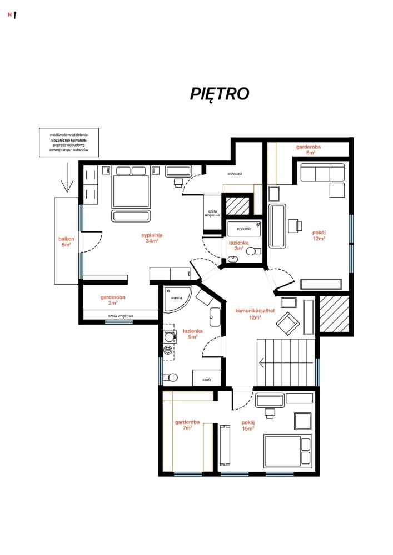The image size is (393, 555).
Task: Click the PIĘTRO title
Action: [x=220, y=94]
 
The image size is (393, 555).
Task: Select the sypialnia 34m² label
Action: [x=152, y=238]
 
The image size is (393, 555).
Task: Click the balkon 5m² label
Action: [x=66, y=242]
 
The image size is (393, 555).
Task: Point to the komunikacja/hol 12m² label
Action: [x=255, y=314]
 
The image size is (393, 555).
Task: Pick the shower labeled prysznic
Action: [x=244, y=229]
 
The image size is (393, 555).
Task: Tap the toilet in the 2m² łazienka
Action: [x=253, y=251]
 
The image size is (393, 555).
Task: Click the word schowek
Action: [x=235, y=174]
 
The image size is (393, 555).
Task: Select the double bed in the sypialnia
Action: [x=130, y=187]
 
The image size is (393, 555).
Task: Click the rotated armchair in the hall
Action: [x=288, y=323]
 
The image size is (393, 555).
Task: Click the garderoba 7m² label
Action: [x=187, y=425]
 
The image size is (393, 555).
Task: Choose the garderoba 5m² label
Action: [x=309, y=150]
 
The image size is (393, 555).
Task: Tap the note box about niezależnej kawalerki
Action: [x=69, y=142]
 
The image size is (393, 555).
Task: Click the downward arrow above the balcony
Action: [x=67, y=178]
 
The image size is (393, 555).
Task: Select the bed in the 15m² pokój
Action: [x=288, y=451]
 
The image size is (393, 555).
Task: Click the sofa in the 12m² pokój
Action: [x=322, y=173]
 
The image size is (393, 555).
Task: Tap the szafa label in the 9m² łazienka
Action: [x=207, y=380]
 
